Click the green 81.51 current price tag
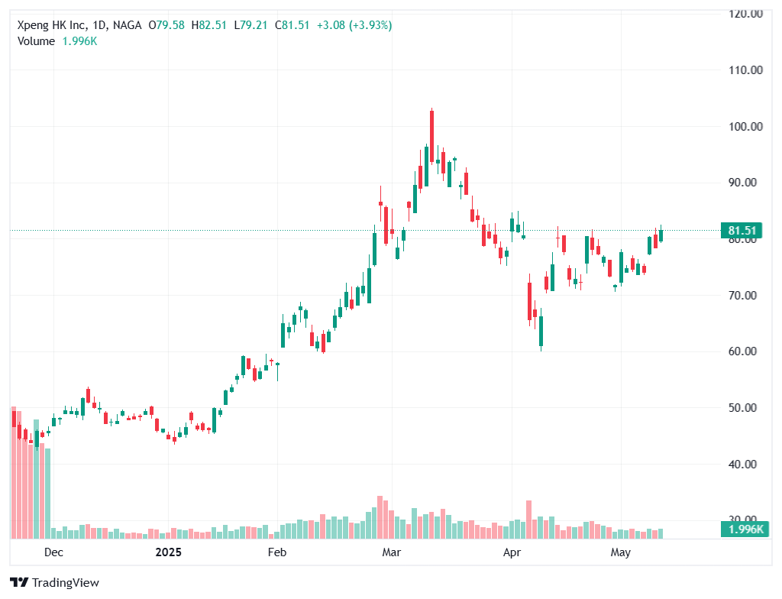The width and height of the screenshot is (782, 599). click(x=742, y=231)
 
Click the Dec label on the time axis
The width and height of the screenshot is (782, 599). click(x=53, y=552)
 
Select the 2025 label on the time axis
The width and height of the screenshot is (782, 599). click(x=169, y=552)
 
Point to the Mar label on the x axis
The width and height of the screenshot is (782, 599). click(x=392, y=552)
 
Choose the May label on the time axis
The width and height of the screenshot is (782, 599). click(x=621, y=552)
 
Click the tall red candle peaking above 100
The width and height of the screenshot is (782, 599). click(x=431, y=136)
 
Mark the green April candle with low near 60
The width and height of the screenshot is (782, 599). click(x=541, y=330)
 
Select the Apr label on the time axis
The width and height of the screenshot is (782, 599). click(x=511, y=552)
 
